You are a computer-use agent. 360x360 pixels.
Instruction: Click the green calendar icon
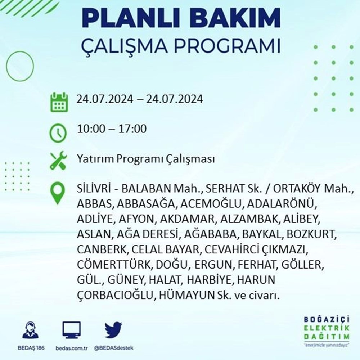click(59, 102)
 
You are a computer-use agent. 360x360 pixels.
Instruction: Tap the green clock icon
click(58, 133)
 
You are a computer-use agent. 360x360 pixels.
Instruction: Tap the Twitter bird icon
click(113, 330)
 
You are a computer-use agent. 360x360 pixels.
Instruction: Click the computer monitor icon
click(72, 330)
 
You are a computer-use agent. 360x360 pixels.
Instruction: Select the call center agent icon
click(31, 330)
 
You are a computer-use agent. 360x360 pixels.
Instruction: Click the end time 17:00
click(132, 129)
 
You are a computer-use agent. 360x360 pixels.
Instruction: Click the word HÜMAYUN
click(186, 295)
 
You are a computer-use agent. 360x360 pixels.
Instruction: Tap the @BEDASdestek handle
click(114, 348)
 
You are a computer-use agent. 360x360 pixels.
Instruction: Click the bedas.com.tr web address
click(72, 348)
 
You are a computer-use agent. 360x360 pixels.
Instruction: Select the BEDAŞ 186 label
click(31, 348)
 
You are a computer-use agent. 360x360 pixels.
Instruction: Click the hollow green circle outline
click(6, 66)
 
